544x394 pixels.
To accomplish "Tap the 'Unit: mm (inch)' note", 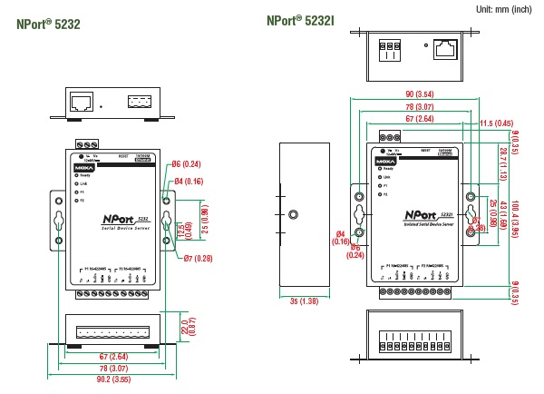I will pos(503,8).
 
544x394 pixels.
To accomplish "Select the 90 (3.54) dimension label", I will pos(420,94).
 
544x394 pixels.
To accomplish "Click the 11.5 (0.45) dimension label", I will pos(496,123).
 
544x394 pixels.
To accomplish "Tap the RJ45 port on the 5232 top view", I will pos(81,100).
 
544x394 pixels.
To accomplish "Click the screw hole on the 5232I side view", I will pos(294,215).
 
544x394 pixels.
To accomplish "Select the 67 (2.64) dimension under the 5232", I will pos(112,357).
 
